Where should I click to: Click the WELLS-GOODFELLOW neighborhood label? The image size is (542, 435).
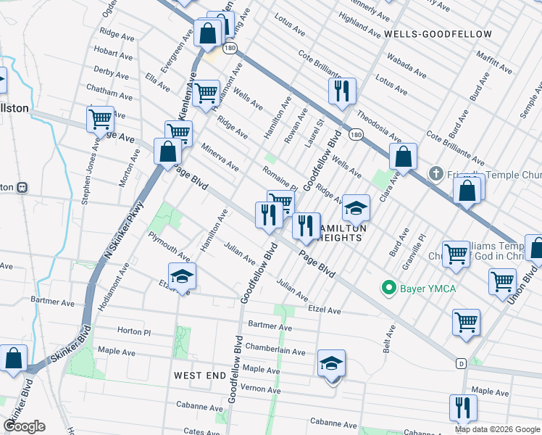pos(438,34)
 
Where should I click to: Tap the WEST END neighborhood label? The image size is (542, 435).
pos(200,375)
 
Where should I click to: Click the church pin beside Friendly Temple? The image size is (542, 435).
pos(435,173)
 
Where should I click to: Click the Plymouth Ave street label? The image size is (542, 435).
pos(169,246)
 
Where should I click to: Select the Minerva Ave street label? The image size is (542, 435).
pos(220,156)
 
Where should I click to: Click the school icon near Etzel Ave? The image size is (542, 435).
pos(183,276)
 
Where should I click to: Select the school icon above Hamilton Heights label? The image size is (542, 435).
pos(356,208)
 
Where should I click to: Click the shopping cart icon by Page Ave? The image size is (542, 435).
pos(100,117)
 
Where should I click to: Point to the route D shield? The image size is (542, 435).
pos(460,362)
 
